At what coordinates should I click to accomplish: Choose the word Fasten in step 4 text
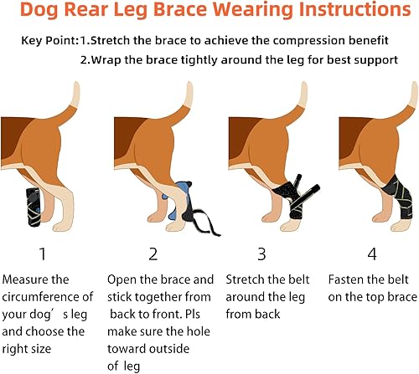click(344, 279)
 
